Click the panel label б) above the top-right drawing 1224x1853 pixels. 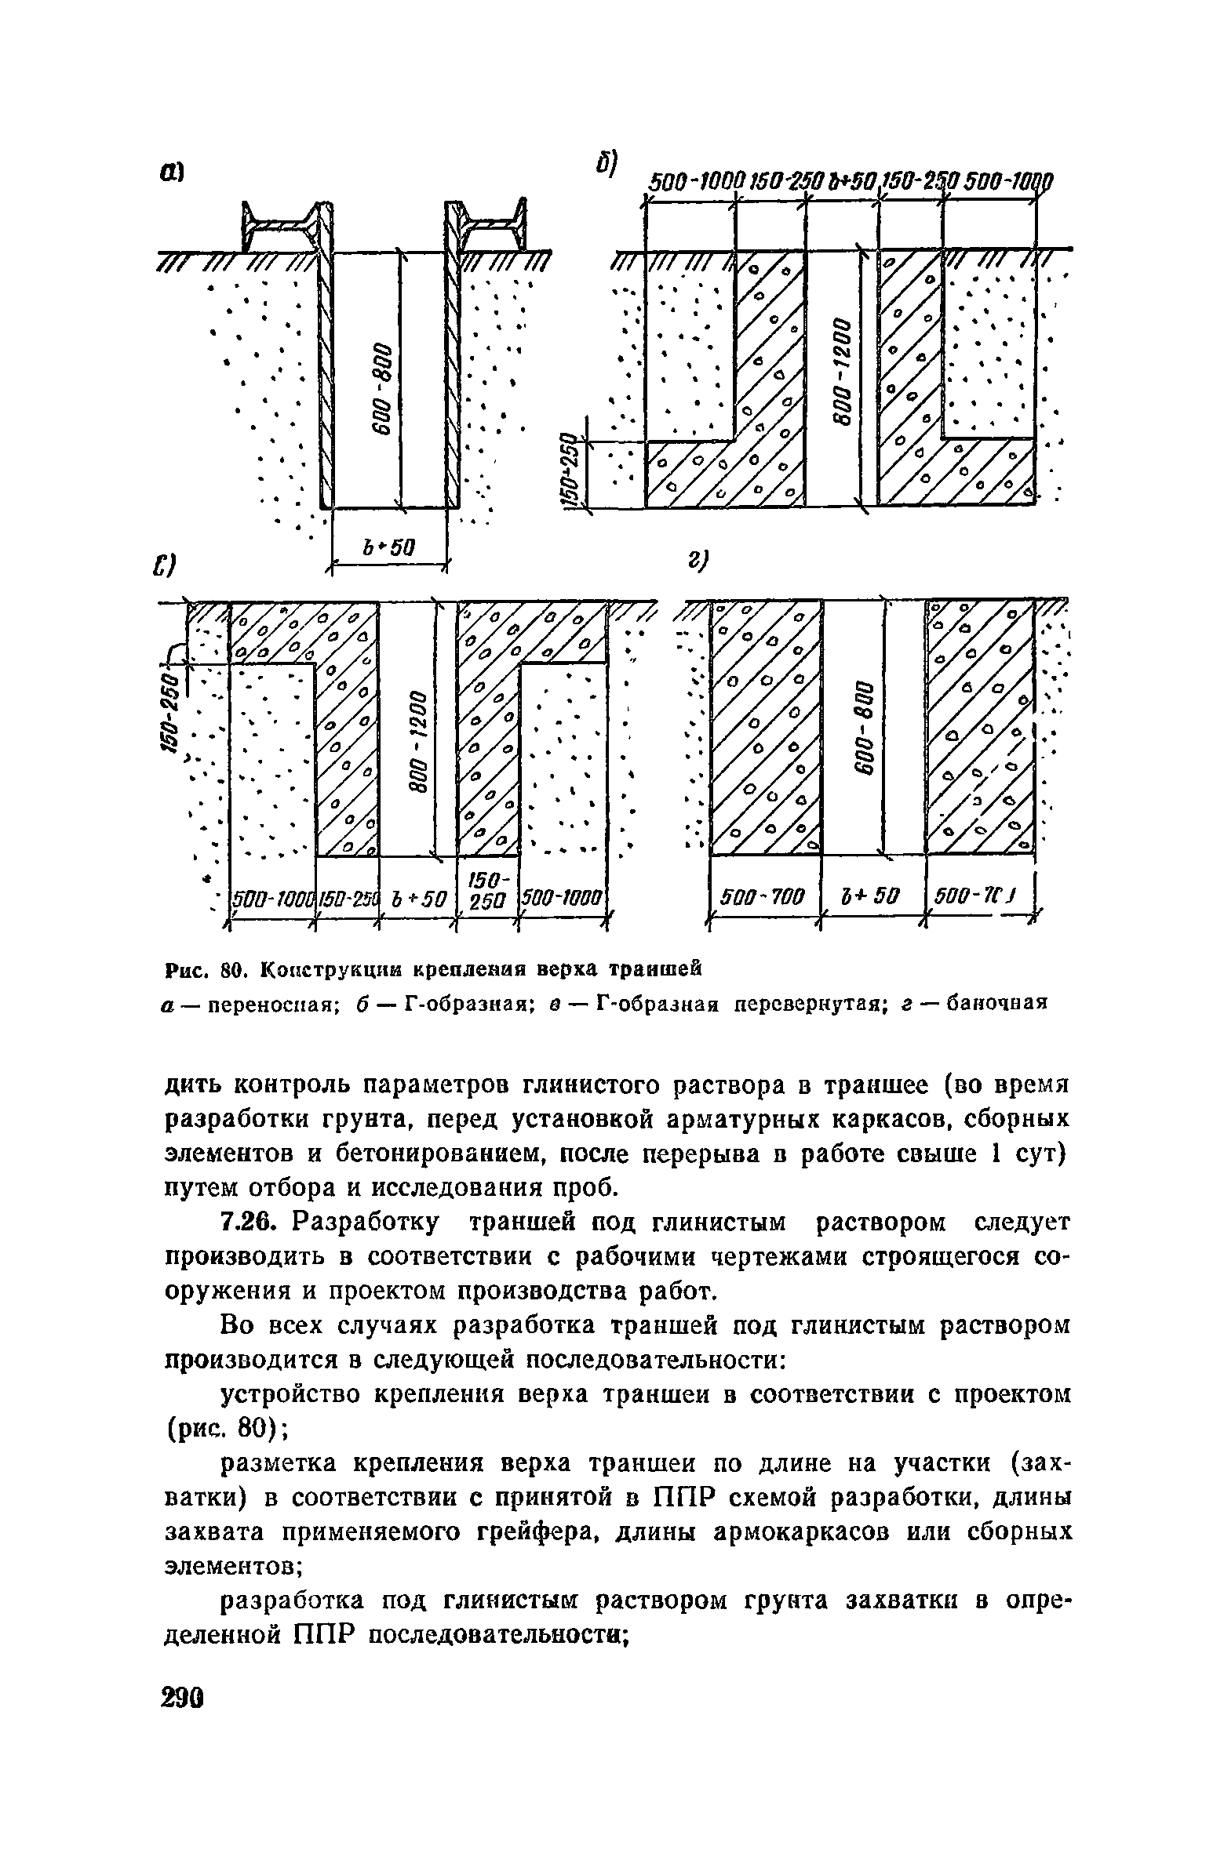605,165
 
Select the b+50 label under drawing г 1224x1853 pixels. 872,896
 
